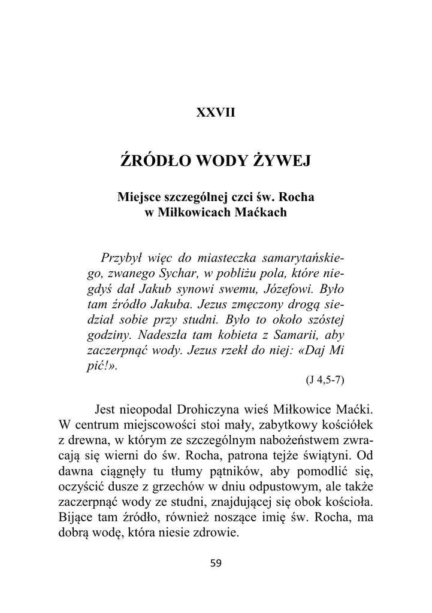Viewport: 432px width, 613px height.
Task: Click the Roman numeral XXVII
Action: [x=216, y=113]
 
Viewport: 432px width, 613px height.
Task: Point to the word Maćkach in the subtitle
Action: [x=261, y=211]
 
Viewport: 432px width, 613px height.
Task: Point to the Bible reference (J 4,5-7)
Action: [x=324, y=380]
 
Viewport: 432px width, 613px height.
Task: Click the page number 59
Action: [x=216, y=563]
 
